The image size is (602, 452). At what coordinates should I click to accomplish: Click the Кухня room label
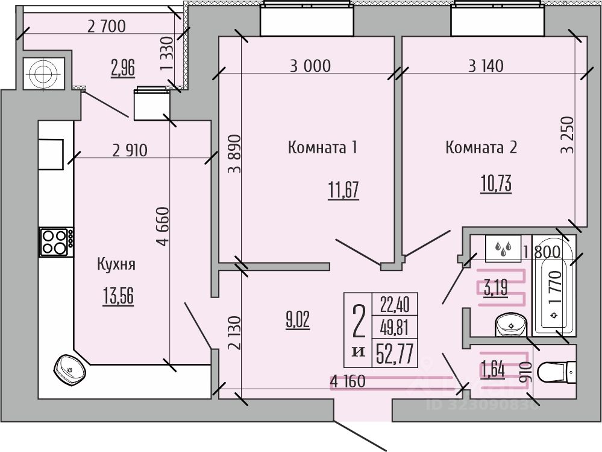(116, 264)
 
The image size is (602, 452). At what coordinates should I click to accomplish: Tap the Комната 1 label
(322, 147)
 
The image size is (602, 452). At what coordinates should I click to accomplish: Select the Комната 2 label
(481, 147)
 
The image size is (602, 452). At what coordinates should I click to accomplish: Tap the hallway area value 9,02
(297, 320)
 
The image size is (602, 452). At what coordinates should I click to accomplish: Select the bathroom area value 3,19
(495, 287)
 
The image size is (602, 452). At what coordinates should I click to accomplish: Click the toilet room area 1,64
(493, 369)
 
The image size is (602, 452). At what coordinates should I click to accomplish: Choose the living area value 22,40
(395, 305)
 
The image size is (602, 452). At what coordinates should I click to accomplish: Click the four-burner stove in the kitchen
(56, 241)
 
